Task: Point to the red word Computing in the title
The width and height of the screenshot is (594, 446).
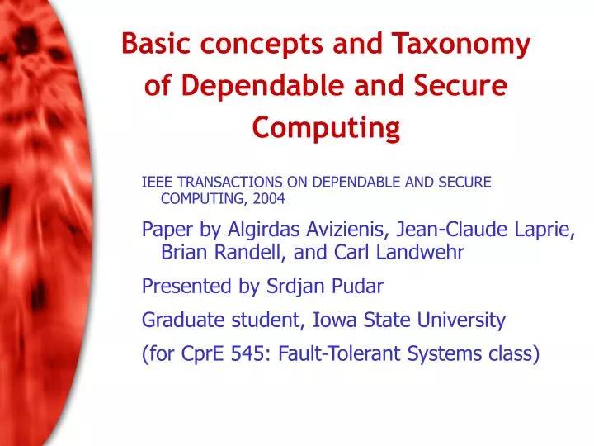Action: click(326, 127)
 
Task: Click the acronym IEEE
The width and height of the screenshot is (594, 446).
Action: click(158, 182)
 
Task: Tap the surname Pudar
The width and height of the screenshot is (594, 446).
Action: click(359, 287)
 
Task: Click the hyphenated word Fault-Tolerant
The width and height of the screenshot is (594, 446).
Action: click(331, 353)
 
